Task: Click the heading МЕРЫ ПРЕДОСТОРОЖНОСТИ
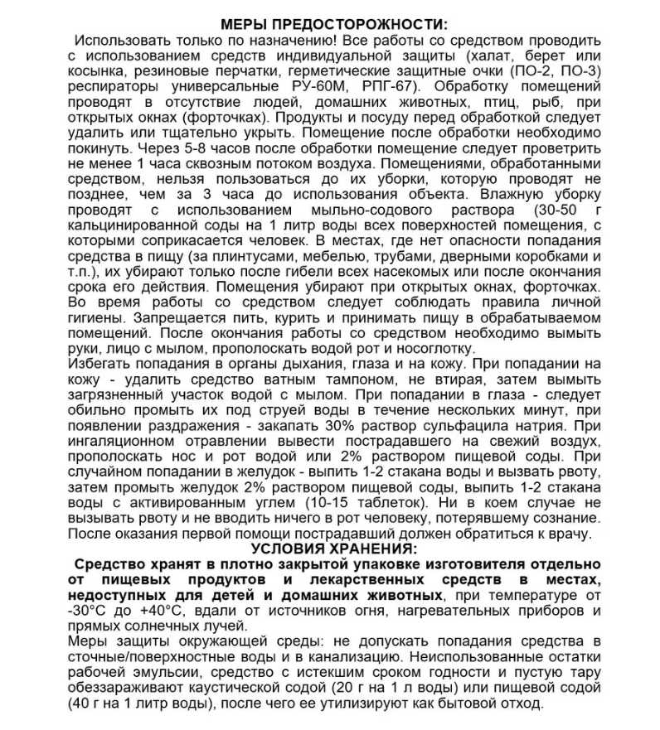(330, 22)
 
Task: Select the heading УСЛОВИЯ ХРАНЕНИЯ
(330, 549)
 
